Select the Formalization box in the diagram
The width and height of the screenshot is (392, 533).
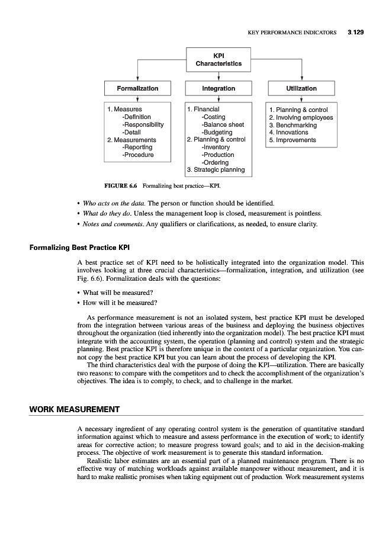click(x=137, y=88)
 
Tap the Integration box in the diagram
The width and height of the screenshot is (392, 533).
click(x=219, y=88)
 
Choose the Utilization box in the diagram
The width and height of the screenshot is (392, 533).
click(x=301, y=88)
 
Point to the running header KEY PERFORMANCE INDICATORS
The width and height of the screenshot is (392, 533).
click(x=292, y=31)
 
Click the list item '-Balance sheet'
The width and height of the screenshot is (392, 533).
click(x=223, y=125)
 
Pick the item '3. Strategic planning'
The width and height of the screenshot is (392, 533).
click(x=216, y=170)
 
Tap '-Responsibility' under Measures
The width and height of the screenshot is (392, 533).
click(x=142, y=125)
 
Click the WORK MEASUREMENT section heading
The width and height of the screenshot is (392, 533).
click(x=75, y=409)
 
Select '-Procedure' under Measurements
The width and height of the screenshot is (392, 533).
click(x=137, y=155)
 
